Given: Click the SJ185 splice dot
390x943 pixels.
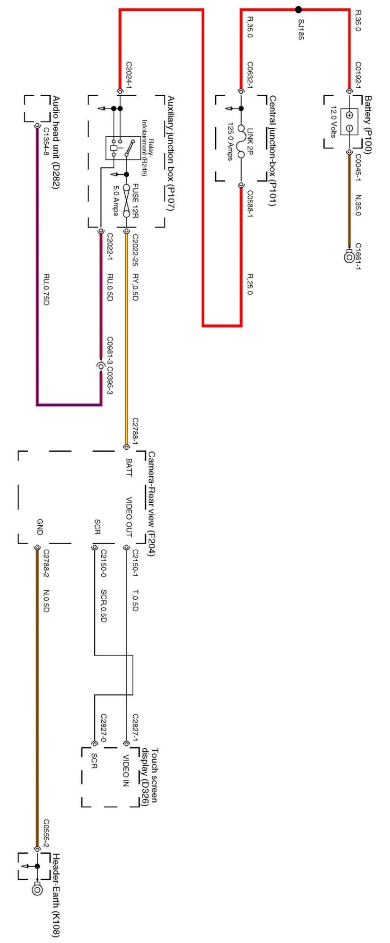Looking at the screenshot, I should (x=298, y=9).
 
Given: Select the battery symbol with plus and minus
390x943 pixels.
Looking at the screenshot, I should (x=349, y=122).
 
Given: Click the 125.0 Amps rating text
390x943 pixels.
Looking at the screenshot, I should (x=230, y=141).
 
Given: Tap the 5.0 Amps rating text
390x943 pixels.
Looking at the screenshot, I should (x=116, y=199).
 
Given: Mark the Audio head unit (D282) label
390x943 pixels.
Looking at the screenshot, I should (x=56, y=143).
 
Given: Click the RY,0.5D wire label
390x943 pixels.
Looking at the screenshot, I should (x=135, y=287).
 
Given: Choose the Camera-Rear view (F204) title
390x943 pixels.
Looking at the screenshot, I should (x=151, y=504).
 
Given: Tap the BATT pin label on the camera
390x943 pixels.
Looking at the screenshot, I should (x=129, y=467).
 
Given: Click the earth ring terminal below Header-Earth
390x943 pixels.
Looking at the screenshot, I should (x=37, y=890).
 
